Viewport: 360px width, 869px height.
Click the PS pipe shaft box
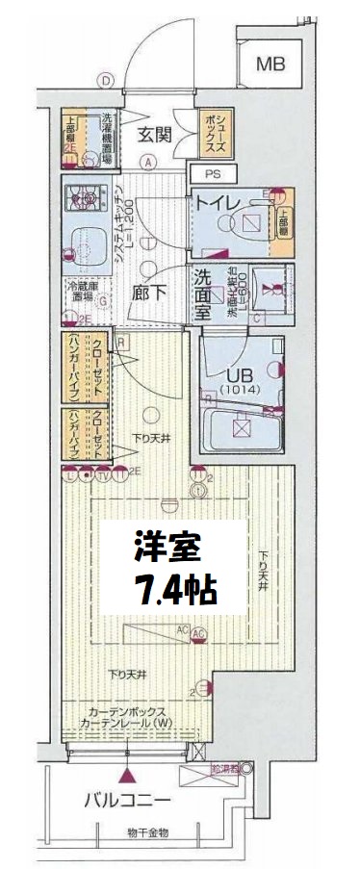(211, 174)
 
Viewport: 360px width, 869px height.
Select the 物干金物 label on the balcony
(147, 831)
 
